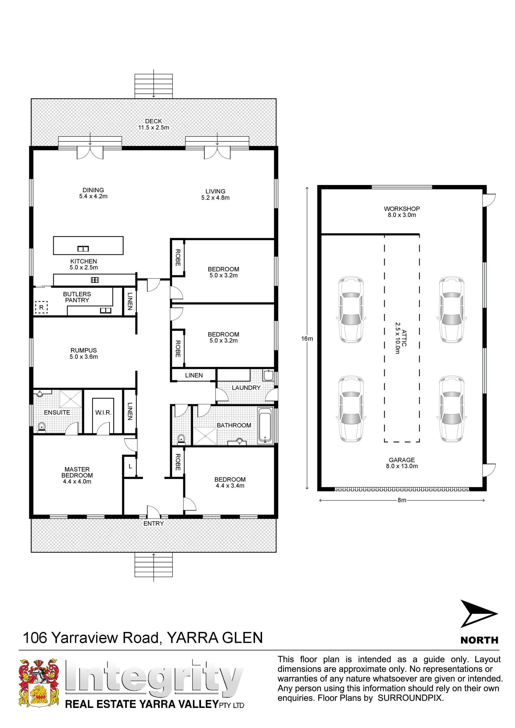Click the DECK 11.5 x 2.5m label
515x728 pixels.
pos(153,124)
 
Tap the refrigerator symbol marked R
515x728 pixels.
pos(41,307)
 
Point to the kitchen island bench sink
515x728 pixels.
pos(83,249)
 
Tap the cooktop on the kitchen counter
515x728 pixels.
pos(94,280)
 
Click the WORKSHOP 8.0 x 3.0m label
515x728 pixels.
pos(402,212)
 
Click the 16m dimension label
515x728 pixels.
pos(307,339)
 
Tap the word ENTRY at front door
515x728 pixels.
pos(153,523)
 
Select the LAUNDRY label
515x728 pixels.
pos(246,387)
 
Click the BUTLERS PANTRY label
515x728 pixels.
pos(77,297)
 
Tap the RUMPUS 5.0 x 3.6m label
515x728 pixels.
pos(84,353)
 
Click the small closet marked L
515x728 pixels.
pos(130,466)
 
